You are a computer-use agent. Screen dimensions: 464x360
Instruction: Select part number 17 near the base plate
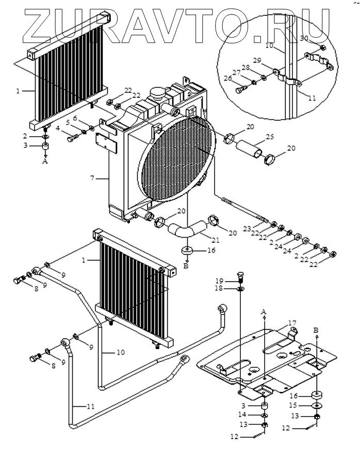tap(292, 323)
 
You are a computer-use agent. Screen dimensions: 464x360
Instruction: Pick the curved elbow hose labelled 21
tap(185, 230)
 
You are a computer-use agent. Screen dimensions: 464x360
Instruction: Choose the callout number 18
tap(233, 289)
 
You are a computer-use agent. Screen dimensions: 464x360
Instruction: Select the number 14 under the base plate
tap(256, 415)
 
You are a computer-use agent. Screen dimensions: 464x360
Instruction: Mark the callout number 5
tap(67, 123)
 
